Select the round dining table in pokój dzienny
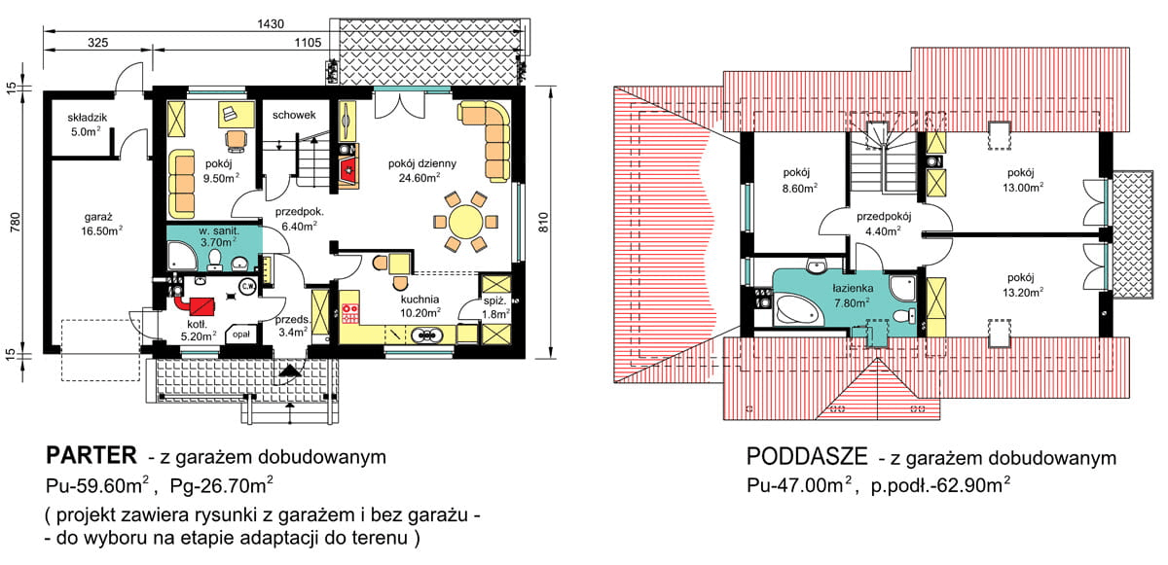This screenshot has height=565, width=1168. coord(466,219)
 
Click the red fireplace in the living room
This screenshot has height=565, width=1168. coord(348,173)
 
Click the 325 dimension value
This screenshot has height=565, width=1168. coord(97,44)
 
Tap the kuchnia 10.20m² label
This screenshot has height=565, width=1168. coord(420,306)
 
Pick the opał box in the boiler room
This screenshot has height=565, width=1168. coord(238,334)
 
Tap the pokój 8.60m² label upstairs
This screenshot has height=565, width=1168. coord(800,179)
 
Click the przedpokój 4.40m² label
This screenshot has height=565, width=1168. coord(884,225)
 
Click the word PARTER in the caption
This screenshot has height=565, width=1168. coord(90,457)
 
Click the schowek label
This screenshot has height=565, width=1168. coord(294,115)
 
